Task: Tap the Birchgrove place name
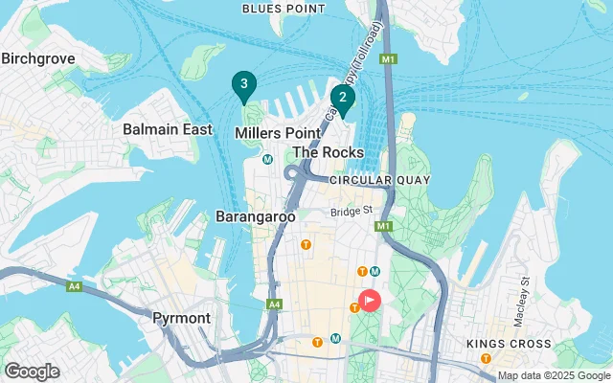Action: point(37,58)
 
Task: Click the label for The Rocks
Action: point(329,152)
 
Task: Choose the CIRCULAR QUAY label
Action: point(379,180)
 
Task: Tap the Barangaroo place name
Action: point(255,216)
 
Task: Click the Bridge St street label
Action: point(350,212)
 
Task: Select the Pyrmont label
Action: point(182,317)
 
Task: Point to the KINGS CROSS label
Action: point(508,344)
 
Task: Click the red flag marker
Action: point(369,300)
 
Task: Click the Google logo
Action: point(32,372)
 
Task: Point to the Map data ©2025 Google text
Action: point(553,375)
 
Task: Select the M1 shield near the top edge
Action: point(388,59)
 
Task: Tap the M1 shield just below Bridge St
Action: point(385,226)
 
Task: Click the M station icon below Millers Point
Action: point(268,160)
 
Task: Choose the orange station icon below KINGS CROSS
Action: point(487,358)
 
